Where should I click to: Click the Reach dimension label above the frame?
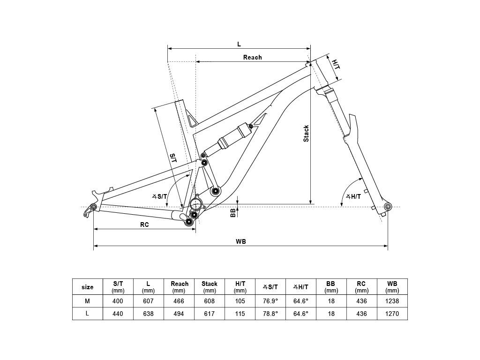point(253,57)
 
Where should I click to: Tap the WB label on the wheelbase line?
point(241,241)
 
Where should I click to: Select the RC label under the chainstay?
point(144,225)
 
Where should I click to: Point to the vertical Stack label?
point(306,134)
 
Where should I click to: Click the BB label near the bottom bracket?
point(233,212)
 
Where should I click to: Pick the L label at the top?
point(239,44)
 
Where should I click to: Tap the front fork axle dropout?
point(388,206)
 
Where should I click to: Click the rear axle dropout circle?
point(94,207)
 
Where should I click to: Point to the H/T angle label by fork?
point(353,196)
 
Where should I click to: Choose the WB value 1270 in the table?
point(392,314)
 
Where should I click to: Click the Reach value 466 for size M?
point(179,301)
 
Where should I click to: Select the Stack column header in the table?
point(210,287)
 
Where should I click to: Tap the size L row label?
point(87,314)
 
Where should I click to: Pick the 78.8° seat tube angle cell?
point(270,314)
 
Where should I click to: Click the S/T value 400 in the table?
point(118,301)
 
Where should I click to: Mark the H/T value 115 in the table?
point(240,314)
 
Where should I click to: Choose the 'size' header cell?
point(88,287)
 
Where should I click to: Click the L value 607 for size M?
point(148,301)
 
